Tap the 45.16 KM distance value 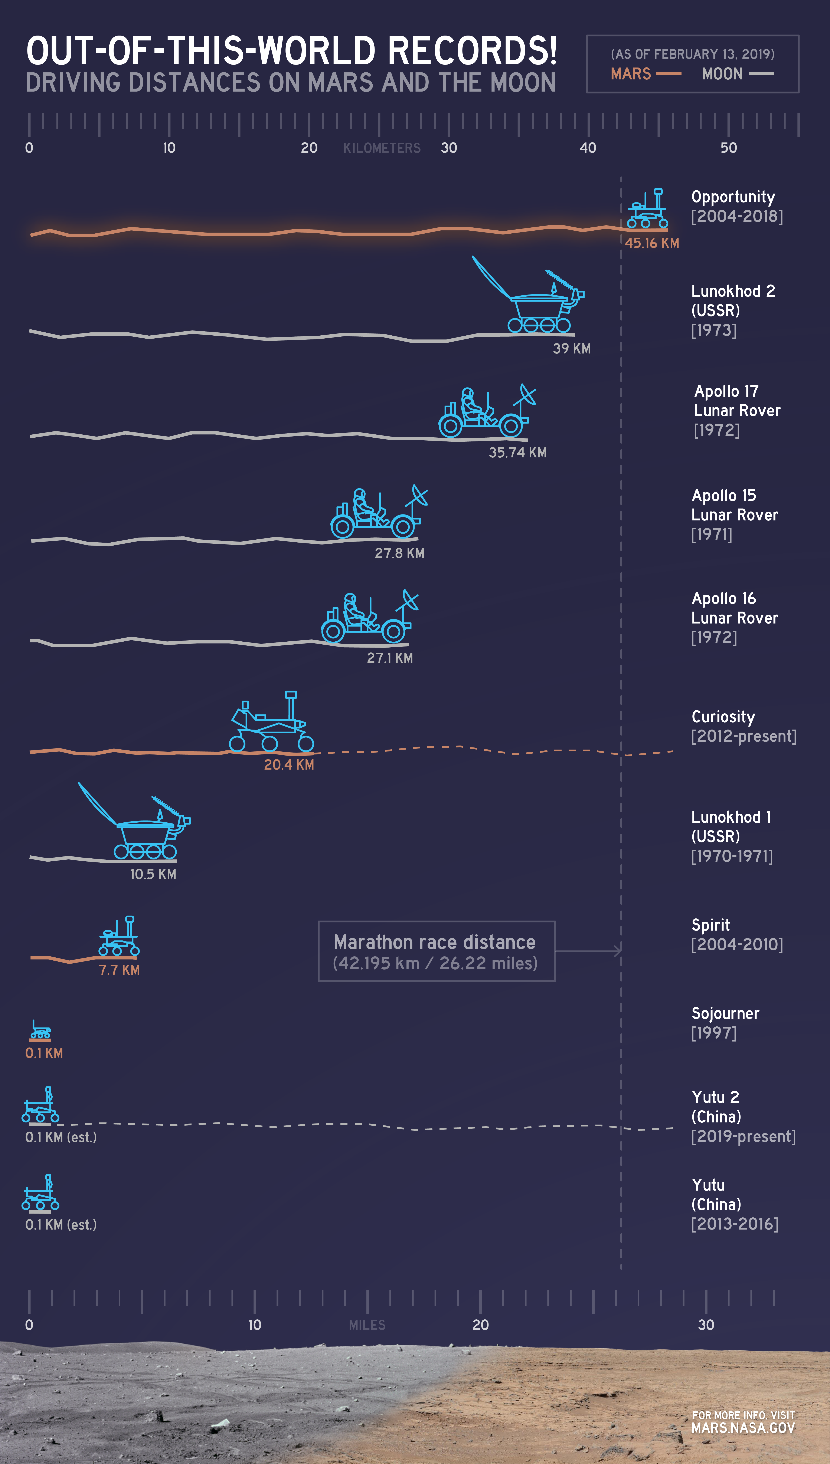coord(651,243)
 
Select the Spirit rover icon coord(119,937)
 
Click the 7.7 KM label coord(119,970)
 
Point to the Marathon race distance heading coord(434,942)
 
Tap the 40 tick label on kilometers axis coord(588,148)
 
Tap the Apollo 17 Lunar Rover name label coord(736,401)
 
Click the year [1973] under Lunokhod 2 coord(714,330)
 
